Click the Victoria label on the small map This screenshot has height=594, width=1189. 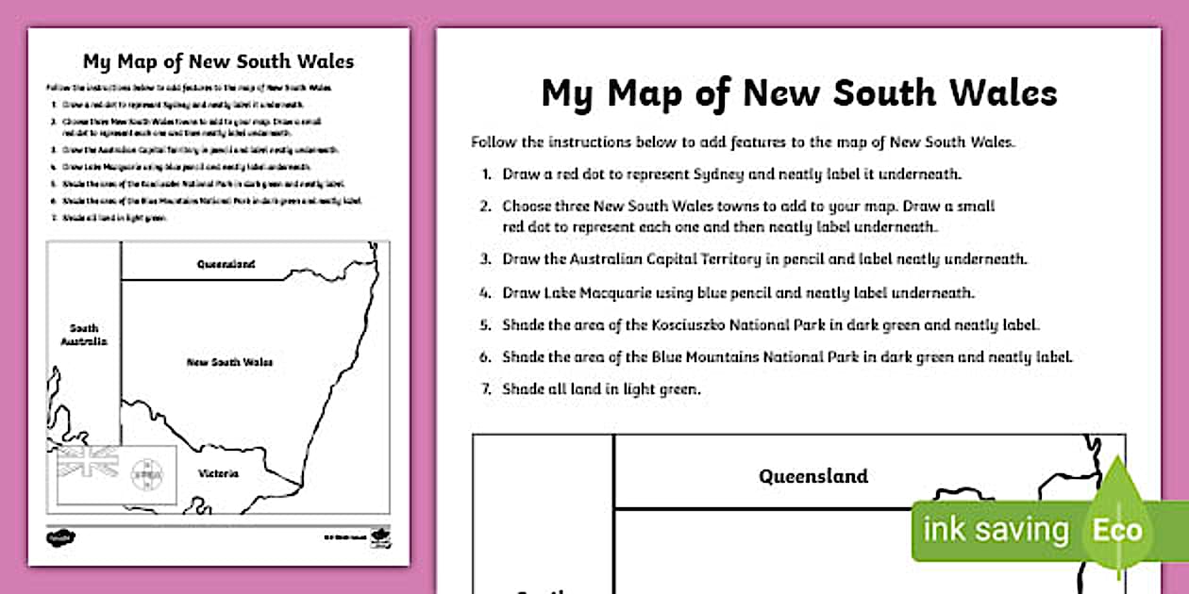218,473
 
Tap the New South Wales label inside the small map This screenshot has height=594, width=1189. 224,361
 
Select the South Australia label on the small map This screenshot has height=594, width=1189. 84,335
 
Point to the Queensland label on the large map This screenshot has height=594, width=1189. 813,476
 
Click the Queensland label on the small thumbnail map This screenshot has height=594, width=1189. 226,265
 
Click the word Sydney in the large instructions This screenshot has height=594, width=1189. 745,174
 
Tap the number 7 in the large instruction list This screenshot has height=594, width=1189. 485,388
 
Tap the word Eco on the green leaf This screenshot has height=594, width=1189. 1117,530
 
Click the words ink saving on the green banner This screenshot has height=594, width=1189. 996,530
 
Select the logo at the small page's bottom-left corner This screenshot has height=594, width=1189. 61,537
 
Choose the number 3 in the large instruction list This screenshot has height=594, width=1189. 485,258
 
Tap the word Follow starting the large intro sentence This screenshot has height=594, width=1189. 493,142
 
